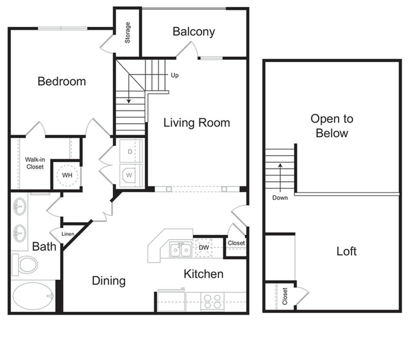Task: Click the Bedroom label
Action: [61, 81]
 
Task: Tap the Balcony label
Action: [194, 32]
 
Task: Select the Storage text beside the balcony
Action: [128, 32]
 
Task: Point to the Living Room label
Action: [197, 123]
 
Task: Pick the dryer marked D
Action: [130, 151]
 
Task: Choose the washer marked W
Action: [130, 175]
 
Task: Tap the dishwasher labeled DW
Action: [204, 248]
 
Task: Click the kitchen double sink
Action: [180, 250]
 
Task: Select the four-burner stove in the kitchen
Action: [212, 301]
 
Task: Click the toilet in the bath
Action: [26, 264]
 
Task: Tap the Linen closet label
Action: [67, 234]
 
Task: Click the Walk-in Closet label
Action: [35, 163]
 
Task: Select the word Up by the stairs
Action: [174, 75]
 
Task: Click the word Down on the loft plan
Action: [280, 198]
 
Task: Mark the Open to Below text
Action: [331, 125]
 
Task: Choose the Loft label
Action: [346, 251]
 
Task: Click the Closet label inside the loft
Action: [285, 296]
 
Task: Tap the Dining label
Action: [109, 281]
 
